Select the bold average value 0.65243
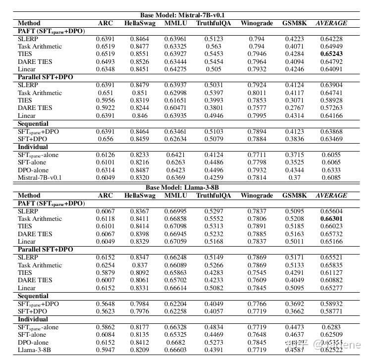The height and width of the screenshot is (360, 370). [331, 54]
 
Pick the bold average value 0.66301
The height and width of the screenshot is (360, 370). [331, 218]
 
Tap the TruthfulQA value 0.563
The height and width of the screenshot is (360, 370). [213, 47]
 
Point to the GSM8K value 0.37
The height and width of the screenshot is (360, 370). [294, 177]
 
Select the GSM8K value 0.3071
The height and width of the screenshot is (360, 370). [294, 101]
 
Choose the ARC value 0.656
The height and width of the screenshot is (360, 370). [105, 139]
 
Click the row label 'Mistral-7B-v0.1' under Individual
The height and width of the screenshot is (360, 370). [40, 177]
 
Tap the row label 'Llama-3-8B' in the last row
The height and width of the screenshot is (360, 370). [34, 350]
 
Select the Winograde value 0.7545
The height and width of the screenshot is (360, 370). [257, 272]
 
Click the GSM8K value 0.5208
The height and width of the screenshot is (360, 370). [294, 218]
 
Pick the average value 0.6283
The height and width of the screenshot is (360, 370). [331, 327]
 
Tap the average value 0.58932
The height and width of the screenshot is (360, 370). [331, 304]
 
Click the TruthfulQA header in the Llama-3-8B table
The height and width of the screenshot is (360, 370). [213, 196]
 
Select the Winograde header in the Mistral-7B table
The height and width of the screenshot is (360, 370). [257, 23]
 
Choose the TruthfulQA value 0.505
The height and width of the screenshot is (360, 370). [213, 69]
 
